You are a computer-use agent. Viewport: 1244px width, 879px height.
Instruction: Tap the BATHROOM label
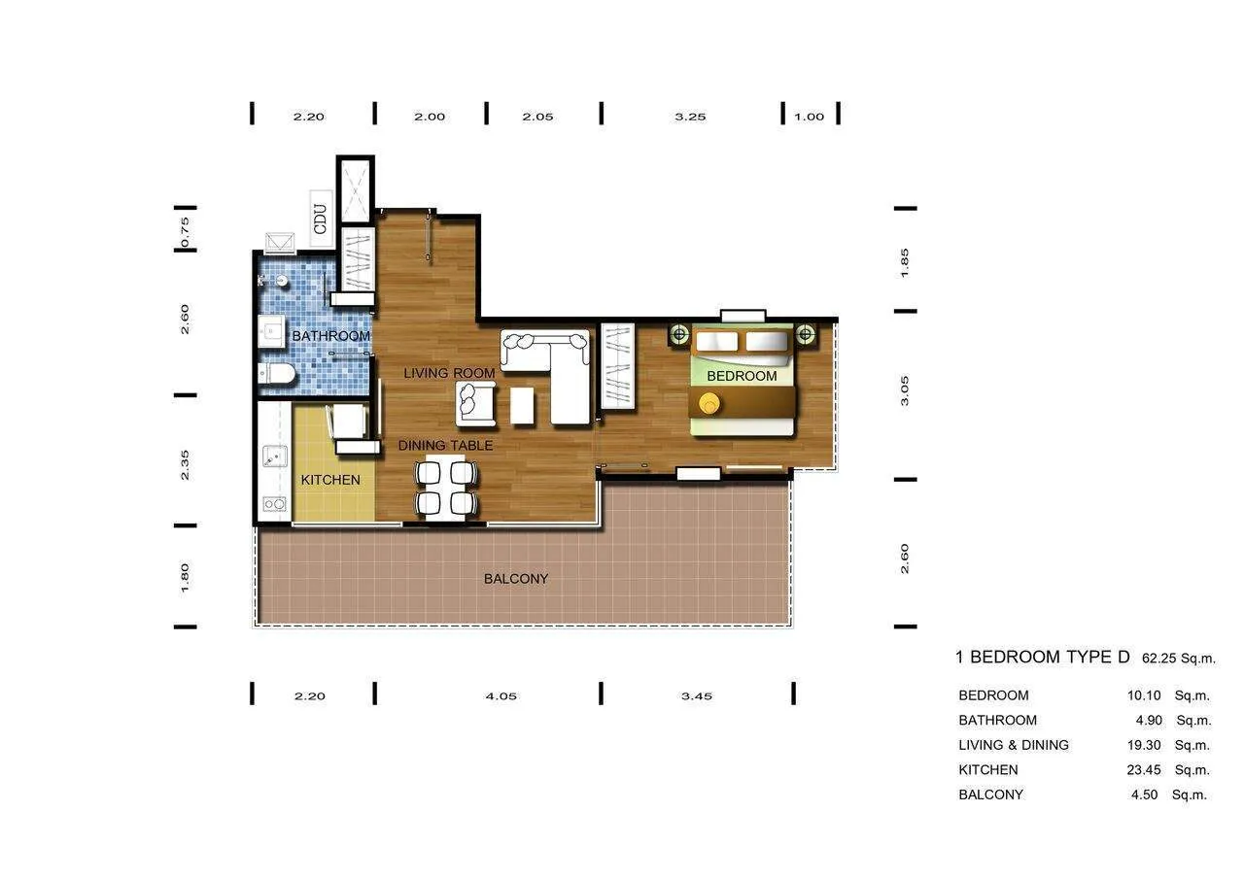[x=331, y=336]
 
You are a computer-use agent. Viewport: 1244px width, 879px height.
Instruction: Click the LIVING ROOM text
[x=449, y=373]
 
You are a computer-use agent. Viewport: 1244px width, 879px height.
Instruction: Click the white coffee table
[x=522, y=405]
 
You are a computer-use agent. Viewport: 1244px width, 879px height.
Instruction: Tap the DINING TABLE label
[x=445, y=446]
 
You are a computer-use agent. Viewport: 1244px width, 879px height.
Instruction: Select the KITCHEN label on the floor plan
[x=330, y=480]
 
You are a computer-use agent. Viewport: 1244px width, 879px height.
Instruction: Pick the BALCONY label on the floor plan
[x=516, y=579]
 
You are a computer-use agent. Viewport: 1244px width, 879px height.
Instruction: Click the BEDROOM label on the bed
[x=742, y=376]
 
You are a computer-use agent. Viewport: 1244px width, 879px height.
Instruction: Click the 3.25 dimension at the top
[x=690, y=117]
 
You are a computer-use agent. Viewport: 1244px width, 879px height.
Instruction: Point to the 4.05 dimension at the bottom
[x=501, y=695]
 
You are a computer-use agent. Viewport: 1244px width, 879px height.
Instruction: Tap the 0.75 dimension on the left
[x=186, y=233]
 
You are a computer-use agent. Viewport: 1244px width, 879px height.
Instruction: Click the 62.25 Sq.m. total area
[x=1178, y=659]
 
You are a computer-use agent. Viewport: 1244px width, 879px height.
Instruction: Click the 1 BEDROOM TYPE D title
[x=1042, y=658]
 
